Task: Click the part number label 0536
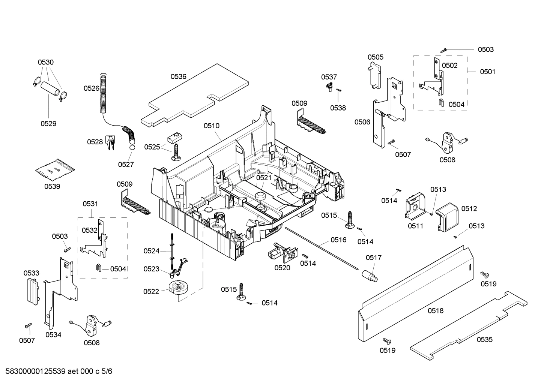click(178, 76)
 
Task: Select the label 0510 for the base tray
click(212, 126)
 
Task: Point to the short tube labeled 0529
click(51, 90)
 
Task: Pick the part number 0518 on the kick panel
click(435, 310)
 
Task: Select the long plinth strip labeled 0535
click(469, 326)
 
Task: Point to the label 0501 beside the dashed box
click(487, 72)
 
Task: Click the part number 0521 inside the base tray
click(264, 178)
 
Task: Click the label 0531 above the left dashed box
click(90, 204)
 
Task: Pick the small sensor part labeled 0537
click(329, 87)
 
